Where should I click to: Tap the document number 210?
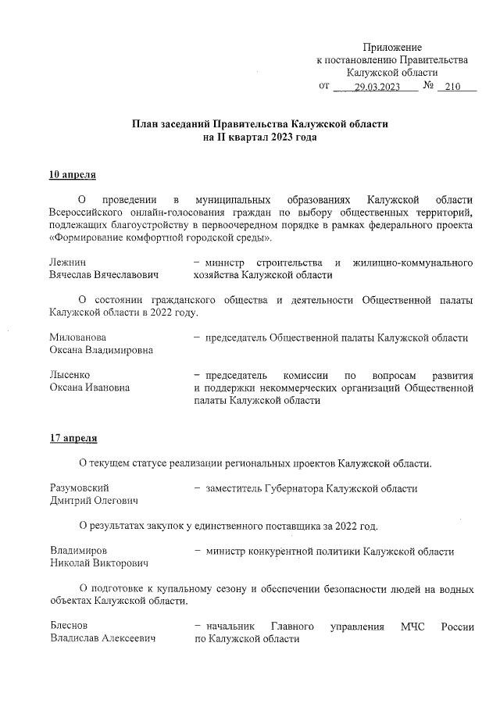(452, 87)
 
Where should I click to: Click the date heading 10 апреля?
(73, 173)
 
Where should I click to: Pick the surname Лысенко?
(69, 375)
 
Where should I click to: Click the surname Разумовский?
(79, 488)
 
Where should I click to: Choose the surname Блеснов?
(69, 626)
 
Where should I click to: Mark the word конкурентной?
(285, 551)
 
